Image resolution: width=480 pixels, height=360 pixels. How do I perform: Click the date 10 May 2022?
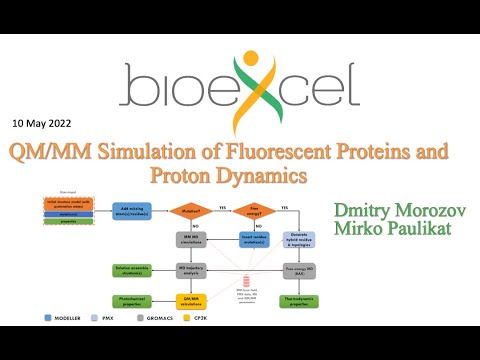click(x=48, y=125)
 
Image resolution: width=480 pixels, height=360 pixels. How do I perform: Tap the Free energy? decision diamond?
click(x=241, y=210)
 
